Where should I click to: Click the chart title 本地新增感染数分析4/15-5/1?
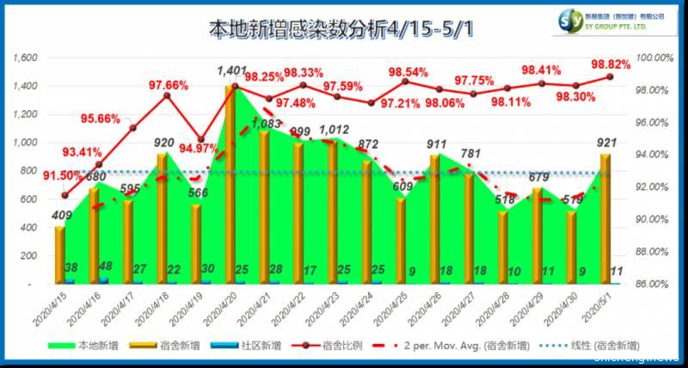(x=343, y=28)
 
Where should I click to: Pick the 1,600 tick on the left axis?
(x=27, y=58)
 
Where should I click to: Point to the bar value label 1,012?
(x=334, y=130)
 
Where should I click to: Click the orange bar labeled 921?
(x=605, y=218)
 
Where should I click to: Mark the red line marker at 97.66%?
(x=167, y=95)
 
